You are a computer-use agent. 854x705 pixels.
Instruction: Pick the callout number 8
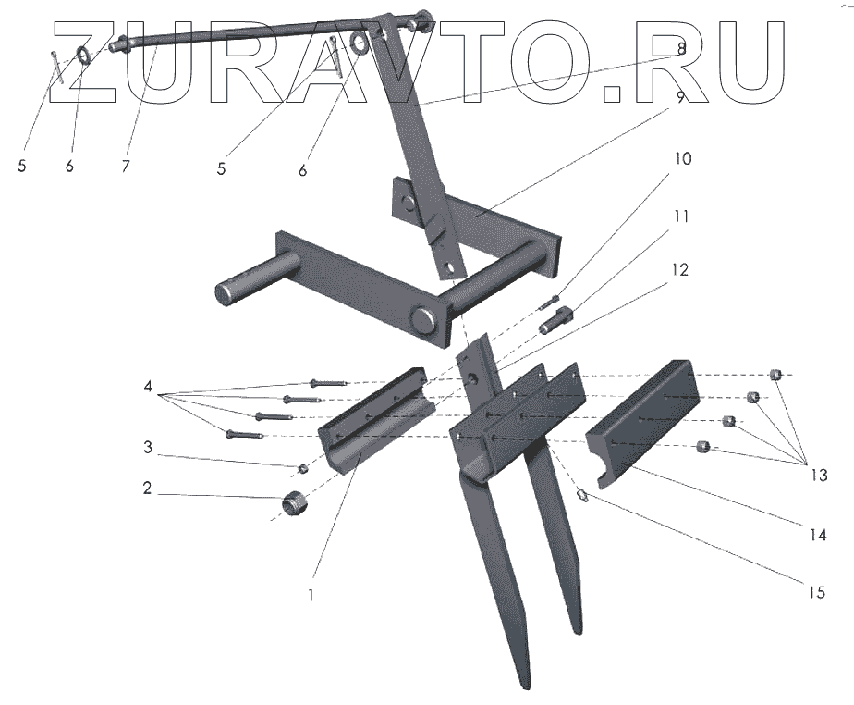[x=680, y=47]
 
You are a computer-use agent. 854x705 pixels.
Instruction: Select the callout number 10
[x=681, y=158]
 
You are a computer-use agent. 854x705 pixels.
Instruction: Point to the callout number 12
[x=681, y=270]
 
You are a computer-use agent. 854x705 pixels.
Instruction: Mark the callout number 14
[x=817, y=533]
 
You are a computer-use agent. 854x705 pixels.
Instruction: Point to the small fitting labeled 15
[x=582, y=497]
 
